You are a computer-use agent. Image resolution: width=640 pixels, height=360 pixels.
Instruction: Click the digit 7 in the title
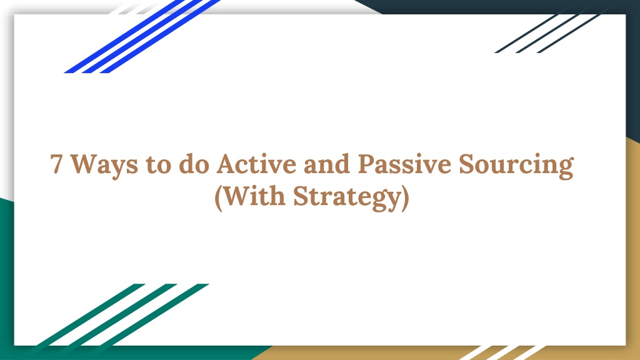(56, 164)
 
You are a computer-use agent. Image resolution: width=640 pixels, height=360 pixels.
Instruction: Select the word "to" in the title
(158, 164)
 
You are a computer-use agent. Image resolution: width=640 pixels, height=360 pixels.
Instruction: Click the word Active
(256, 164)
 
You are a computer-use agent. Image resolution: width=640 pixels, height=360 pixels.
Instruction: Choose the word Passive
(404, 164)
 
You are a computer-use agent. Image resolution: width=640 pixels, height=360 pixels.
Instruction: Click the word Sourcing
(516, 166)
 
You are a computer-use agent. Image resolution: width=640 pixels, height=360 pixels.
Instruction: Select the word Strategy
(347, 198)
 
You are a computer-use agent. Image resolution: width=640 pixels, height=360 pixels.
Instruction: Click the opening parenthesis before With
(218, 198)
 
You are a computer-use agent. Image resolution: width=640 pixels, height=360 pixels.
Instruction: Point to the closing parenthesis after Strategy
(405, 198)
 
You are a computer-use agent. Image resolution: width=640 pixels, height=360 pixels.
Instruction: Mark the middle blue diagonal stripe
(142, 36)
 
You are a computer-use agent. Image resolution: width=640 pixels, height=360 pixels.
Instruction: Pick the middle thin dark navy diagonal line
(547, 34)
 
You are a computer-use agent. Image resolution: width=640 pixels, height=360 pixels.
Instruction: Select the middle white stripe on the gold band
(503, 352)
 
